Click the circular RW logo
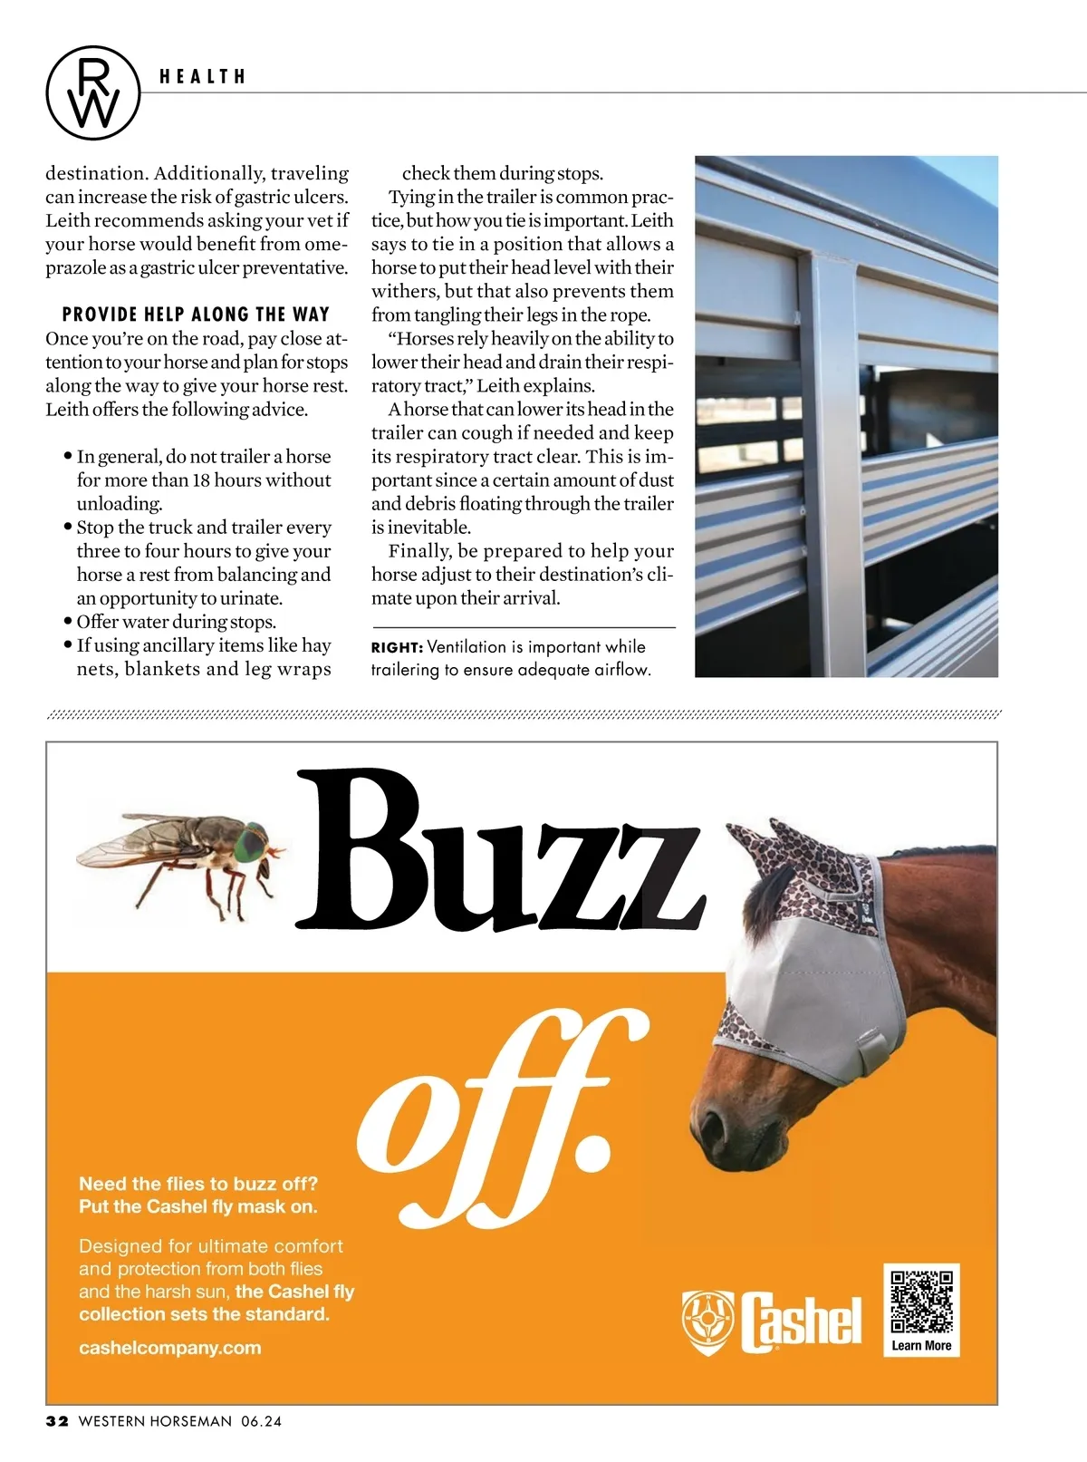(x=92, y=92)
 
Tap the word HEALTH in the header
(x=203, y=77)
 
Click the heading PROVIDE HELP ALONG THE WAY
(x=196, y=315)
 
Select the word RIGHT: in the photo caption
(x=397, y=647)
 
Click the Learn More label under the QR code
(x=921, y=1345)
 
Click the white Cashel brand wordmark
(x=801, y=1322)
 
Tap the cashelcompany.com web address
(x=169, y=1348)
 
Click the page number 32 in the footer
(x=57, y=1421)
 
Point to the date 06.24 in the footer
(x=261, y=1421)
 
